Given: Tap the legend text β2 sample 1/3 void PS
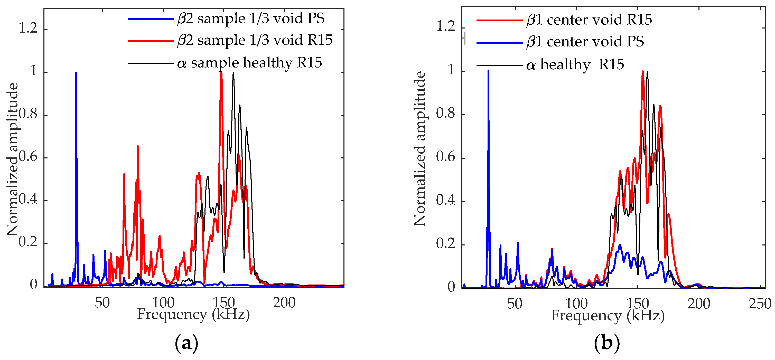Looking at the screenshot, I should [251, 19].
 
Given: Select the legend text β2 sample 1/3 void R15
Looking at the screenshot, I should [255, 40].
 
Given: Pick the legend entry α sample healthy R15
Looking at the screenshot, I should [249, 63].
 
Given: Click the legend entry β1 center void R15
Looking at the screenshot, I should [589, 20].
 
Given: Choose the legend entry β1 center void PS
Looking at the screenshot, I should [585, 42].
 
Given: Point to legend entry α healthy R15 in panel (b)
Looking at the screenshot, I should [575, 65].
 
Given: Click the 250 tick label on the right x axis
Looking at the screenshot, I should [760, 304].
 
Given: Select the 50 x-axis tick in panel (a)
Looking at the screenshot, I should [102, 303].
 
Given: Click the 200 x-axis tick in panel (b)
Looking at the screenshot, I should [699, 304].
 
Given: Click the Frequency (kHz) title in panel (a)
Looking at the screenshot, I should [193, 315].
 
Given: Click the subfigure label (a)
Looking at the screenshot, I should [186, 343].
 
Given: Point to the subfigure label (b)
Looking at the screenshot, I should [607, 343].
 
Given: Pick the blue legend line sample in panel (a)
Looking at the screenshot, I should [151, 19].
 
